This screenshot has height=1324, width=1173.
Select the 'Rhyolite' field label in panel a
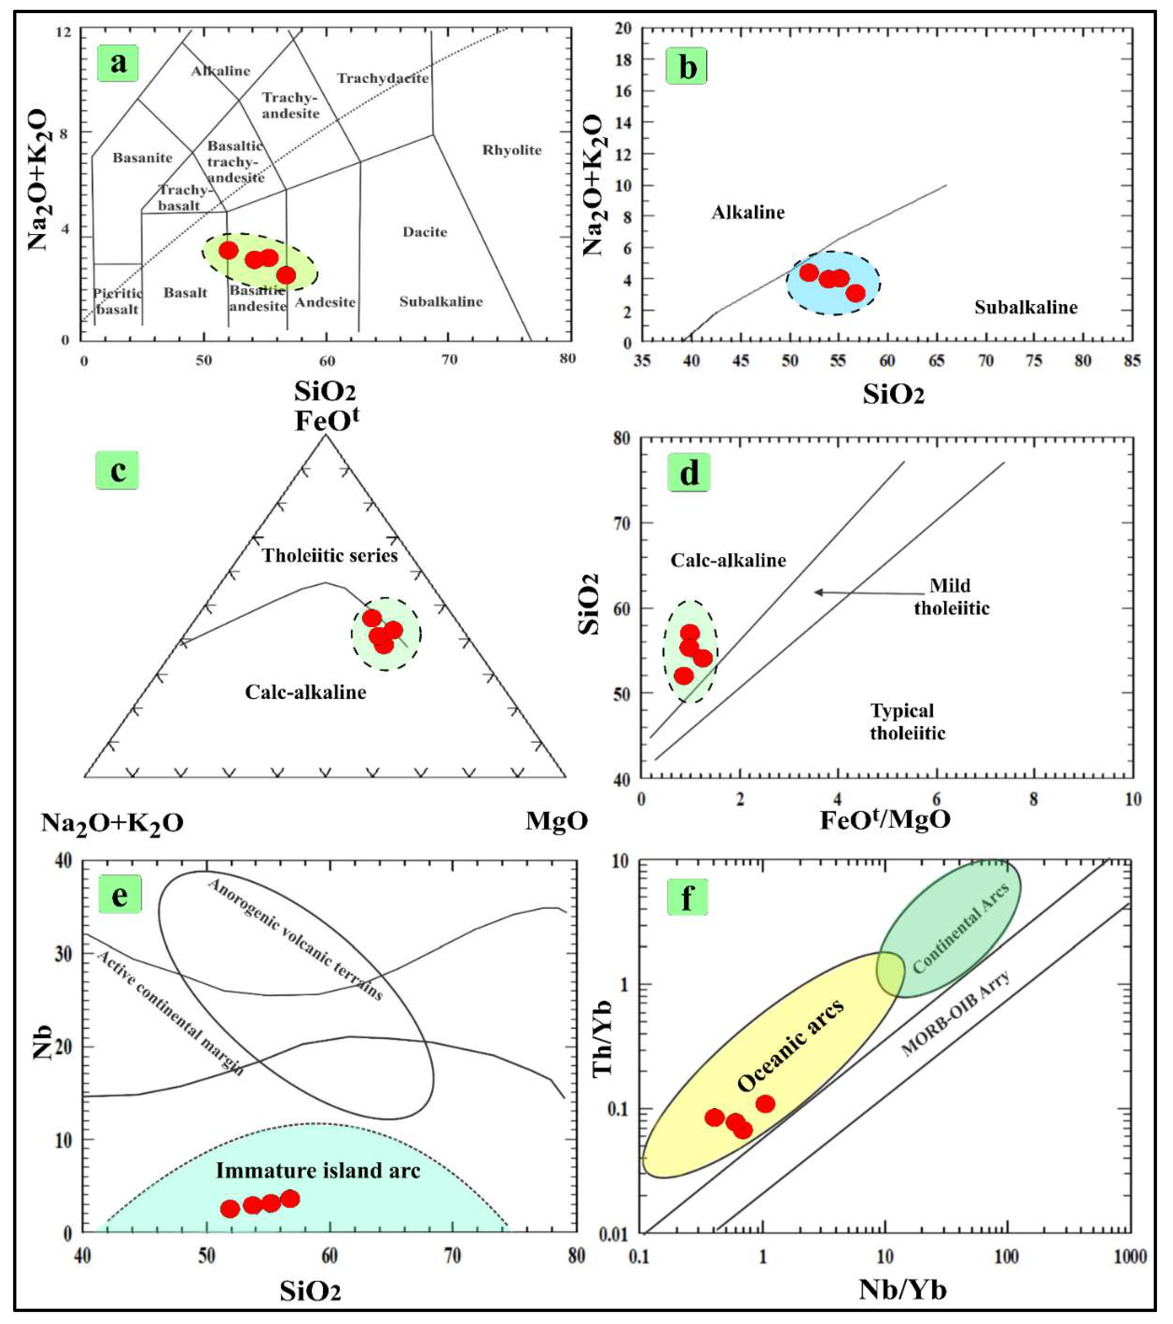click(512, 150)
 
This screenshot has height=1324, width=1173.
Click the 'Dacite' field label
click(425, 232)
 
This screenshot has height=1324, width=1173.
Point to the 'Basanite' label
click(143, 158)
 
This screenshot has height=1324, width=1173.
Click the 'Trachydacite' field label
click(383, 78)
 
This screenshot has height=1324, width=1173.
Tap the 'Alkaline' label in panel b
click(748, 213)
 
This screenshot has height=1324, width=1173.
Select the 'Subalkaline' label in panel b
click(1026, 307)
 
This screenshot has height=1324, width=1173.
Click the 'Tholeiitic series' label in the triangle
click(330, 556)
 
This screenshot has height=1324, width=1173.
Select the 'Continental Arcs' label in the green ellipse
click(961, 928)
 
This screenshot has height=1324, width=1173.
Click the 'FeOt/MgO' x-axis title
click(885, 820)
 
